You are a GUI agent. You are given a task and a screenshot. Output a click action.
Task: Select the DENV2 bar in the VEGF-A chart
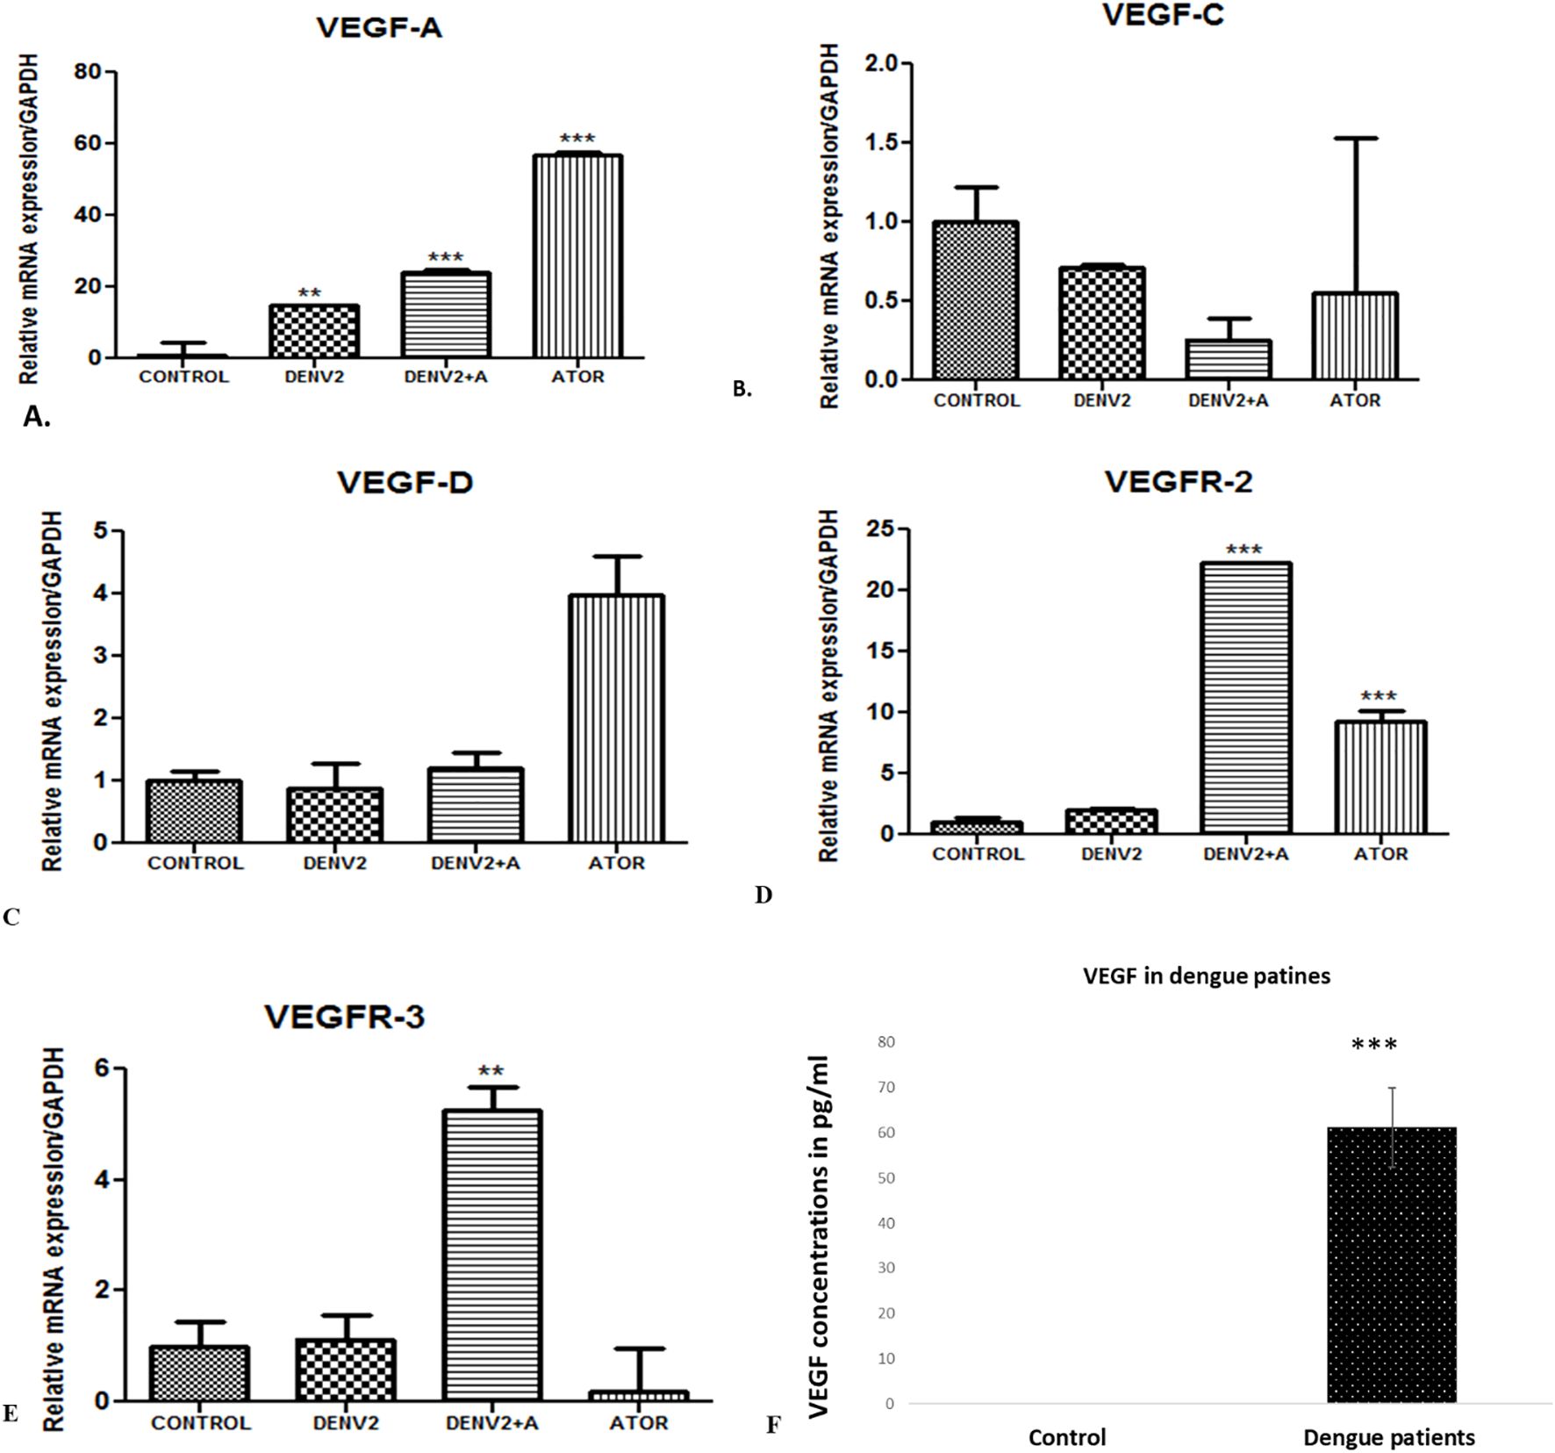tap(313, 331)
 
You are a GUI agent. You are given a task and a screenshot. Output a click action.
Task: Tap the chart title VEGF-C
tap(1162, 15)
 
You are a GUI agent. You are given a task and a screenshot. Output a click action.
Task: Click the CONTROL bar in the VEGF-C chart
tap(976, 301)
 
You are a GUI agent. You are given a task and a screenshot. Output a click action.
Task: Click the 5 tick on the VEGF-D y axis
tap(102, 531)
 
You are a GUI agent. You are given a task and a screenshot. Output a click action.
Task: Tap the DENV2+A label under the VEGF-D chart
tap(476, 863)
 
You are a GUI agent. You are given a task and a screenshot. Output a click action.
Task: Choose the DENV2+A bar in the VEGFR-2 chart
tap(1245, 698)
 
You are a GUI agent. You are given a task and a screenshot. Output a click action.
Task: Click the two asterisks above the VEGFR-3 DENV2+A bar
tap(491, 1071)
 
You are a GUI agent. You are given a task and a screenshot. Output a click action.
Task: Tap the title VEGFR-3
tap(345, 1017)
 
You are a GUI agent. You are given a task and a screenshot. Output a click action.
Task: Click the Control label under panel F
tap(1067, 1437)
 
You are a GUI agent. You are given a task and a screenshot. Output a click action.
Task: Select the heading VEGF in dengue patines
tap(1207, 975)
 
